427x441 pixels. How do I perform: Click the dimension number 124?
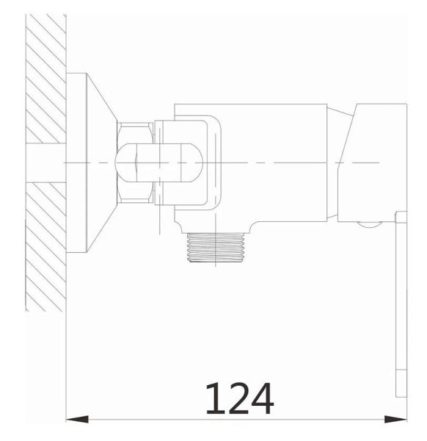pos(240,398)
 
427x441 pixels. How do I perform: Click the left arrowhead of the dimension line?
pos(77,420)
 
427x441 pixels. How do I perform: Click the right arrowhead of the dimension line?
pos(395,420)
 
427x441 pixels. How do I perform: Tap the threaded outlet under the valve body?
pos(216,248)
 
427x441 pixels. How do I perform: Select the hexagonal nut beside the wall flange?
pos(135,162)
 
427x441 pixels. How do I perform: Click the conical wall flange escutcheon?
pos(102,162)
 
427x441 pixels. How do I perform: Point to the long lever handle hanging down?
pos(401,304)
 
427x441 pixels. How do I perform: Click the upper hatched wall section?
pos(45,79)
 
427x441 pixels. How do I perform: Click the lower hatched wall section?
pos(45,247)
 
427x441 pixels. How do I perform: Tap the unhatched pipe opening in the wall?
pos(45,163)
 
